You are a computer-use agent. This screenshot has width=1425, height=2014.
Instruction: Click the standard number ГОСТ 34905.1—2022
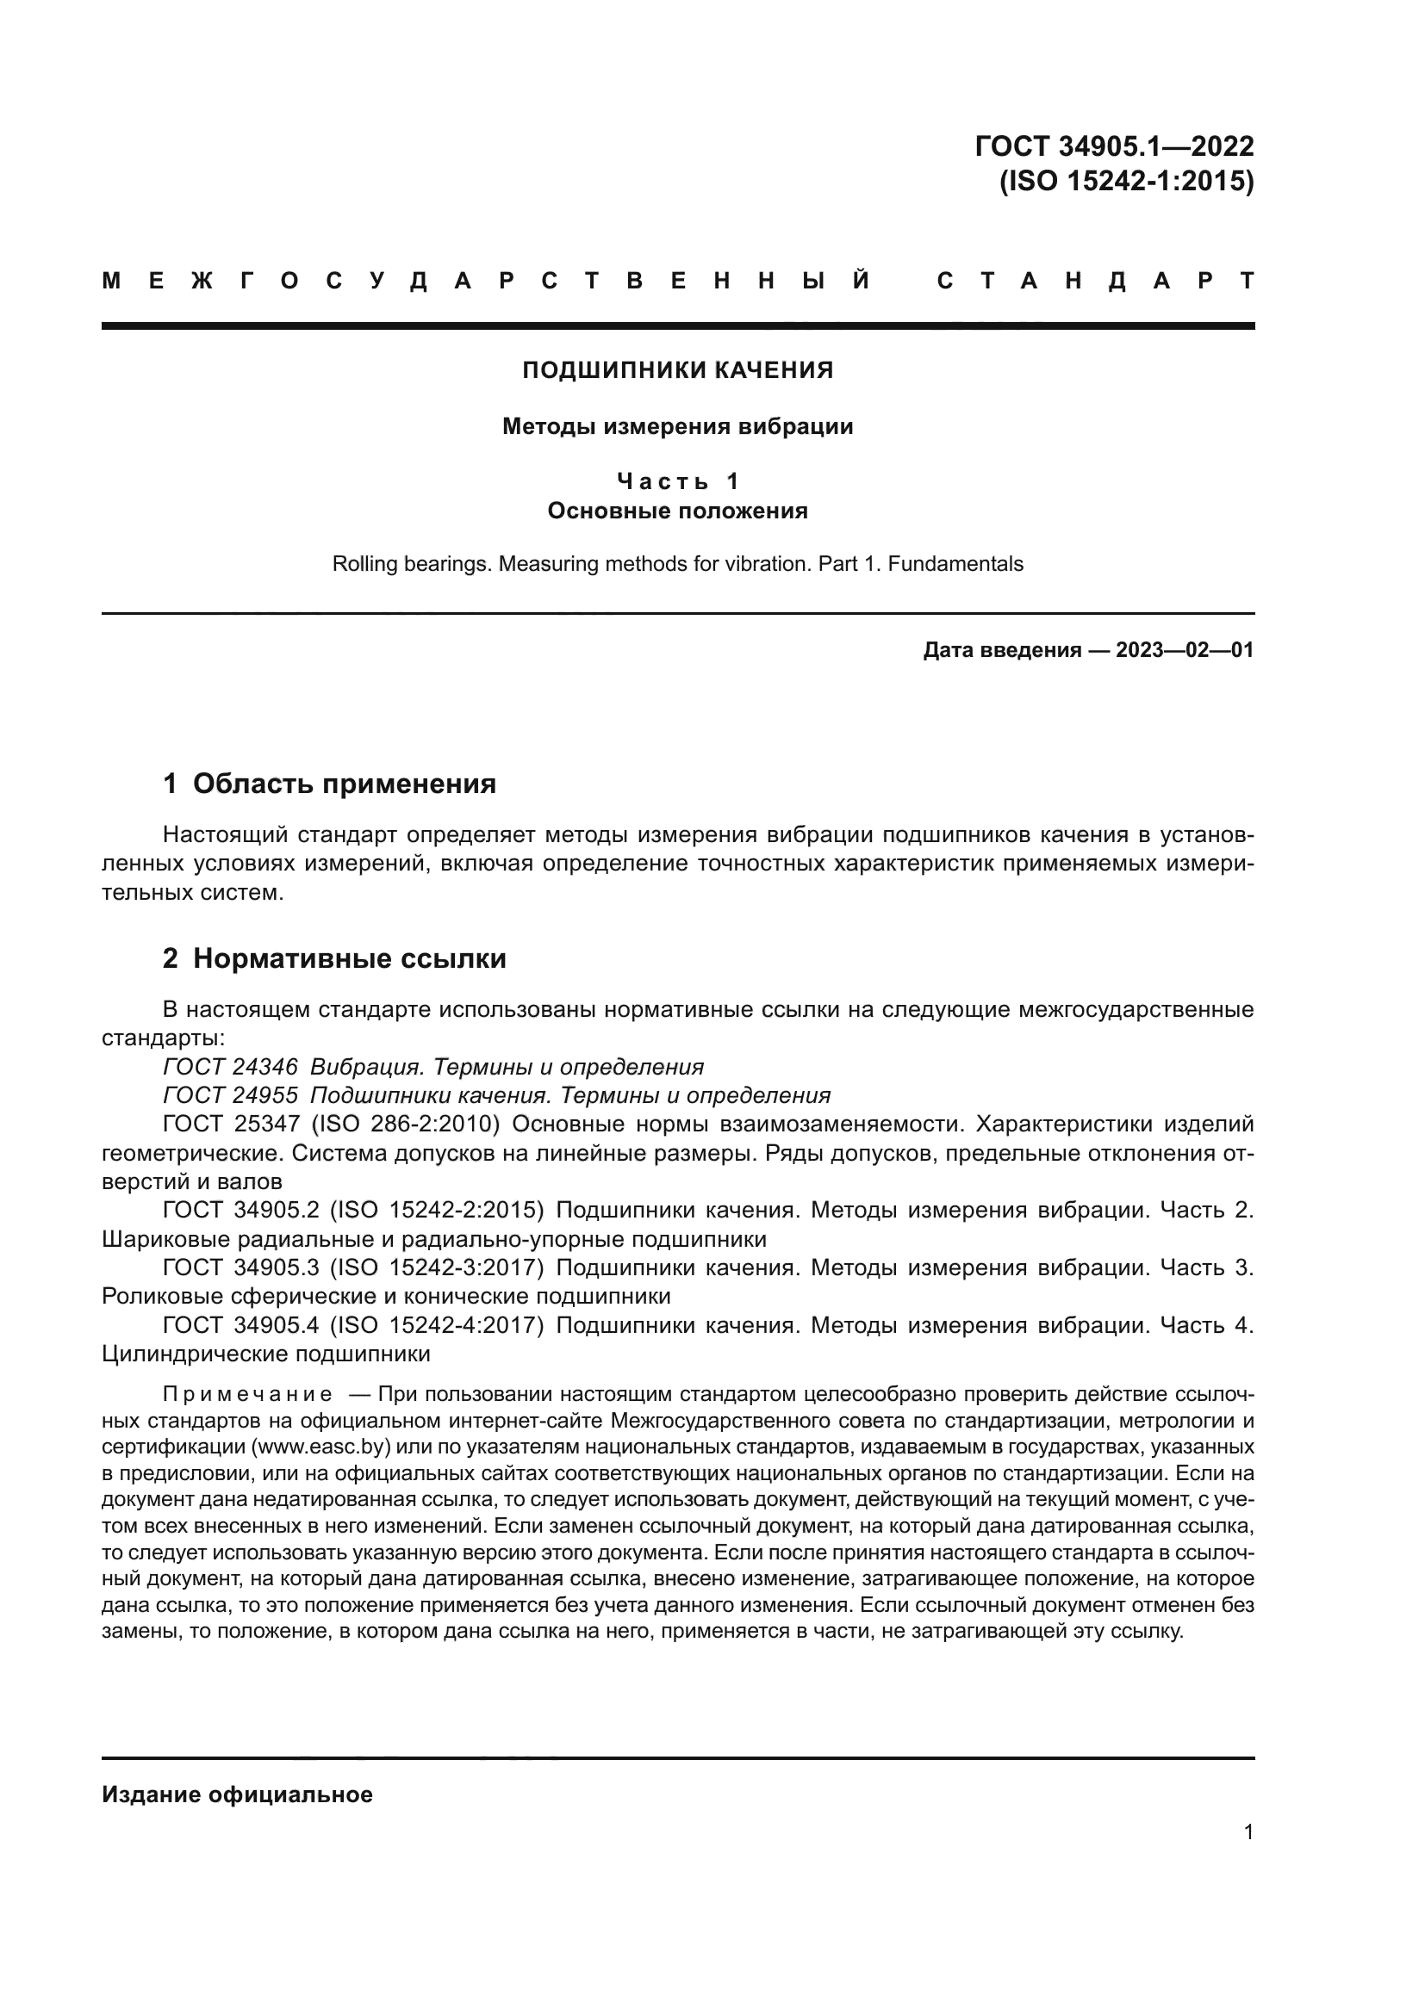[1113, 146]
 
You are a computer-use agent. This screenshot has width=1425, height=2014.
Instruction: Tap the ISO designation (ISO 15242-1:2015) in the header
[1126, 181]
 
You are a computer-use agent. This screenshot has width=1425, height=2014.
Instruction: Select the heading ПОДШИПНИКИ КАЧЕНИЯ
[677, 370]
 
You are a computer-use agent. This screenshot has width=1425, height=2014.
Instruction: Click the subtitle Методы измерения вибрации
[677, 426]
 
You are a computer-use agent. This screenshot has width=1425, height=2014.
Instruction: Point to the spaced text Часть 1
[677, 480]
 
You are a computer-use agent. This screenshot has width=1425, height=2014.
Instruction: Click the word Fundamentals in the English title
[955, 564]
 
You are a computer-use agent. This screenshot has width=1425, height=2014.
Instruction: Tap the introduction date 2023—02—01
[1184, 650]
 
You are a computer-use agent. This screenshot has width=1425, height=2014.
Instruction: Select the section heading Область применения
[344, 784]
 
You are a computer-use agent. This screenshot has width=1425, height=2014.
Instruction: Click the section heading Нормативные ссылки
[349, 958]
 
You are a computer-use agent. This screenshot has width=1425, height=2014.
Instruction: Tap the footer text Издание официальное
[237, 1794]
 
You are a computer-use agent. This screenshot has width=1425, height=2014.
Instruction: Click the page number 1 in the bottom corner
[1248, 1832]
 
